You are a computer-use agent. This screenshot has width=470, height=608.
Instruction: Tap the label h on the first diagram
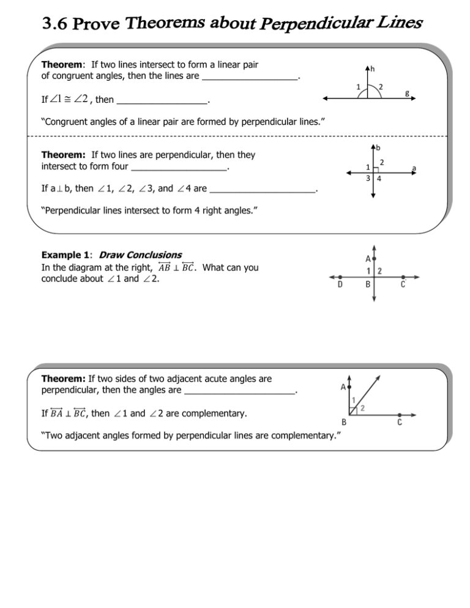pyautogui.click(x=373, y=68)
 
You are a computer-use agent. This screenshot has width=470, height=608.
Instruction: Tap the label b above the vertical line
pyautogui.click(x=379, y=147)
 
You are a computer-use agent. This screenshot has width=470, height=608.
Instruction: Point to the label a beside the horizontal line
pyautogui.click(x=414, y=166)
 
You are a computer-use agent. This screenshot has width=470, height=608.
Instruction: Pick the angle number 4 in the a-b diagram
pyautogui.click(x=380, y=179)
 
